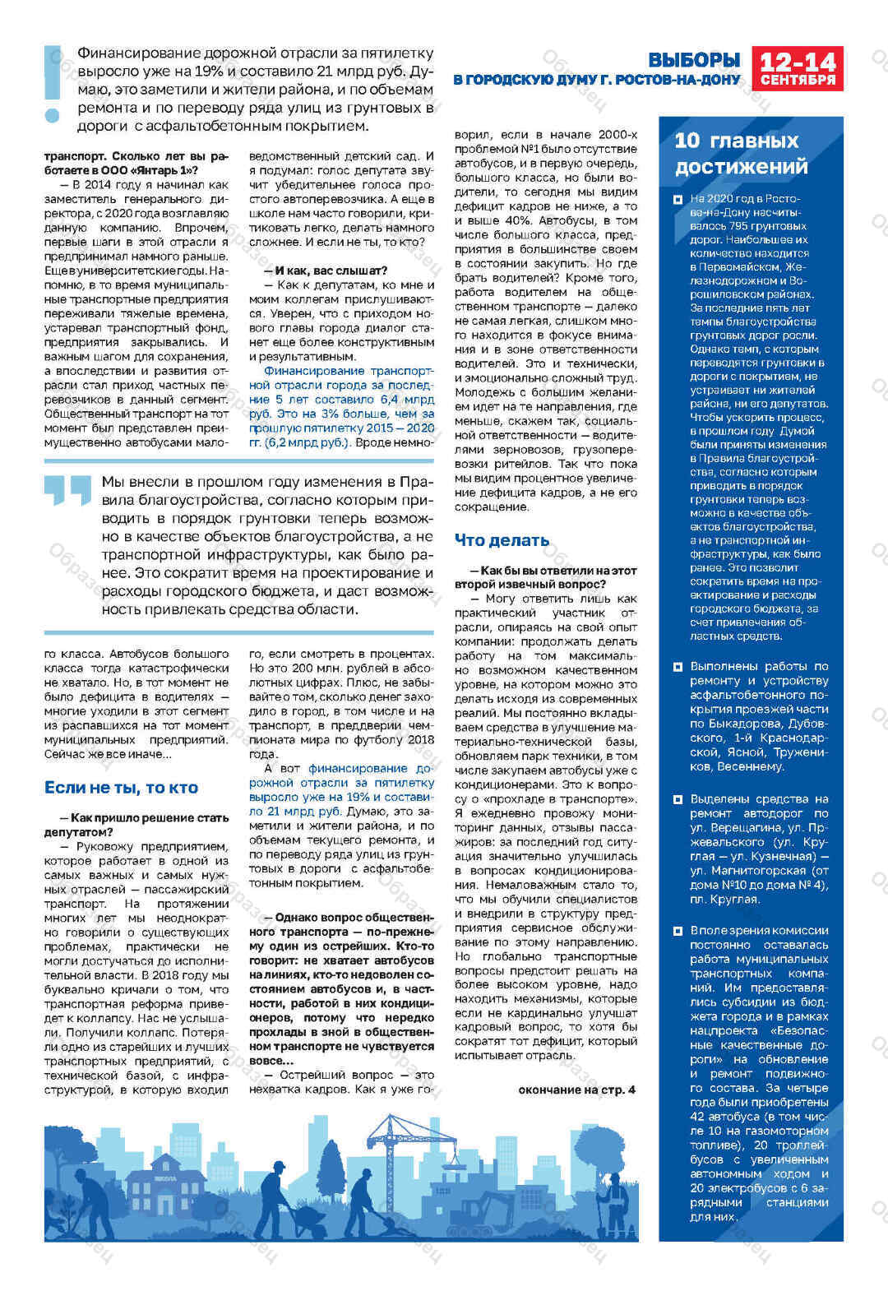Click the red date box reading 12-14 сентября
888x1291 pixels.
click(797, 68)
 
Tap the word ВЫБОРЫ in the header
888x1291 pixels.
click(694, 60)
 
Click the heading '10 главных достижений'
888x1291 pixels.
click(741, 154)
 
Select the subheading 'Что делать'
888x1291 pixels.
click(502, 540)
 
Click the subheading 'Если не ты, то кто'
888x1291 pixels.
click(121, 788)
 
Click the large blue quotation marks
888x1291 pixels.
click(67, 490)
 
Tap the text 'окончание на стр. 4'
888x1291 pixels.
click(576, 1090)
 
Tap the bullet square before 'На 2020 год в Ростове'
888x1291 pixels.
click(678, 199)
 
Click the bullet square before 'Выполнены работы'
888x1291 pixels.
click(678, 667)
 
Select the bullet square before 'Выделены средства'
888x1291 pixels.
click(678, 799)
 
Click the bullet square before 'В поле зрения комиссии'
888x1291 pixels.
click(678, 931)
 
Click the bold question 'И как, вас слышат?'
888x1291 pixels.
click(325, 271)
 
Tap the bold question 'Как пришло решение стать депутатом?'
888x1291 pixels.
click(136, 825)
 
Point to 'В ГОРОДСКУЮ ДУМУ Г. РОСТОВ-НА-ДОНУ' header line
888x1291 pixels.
click(597, 81)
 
